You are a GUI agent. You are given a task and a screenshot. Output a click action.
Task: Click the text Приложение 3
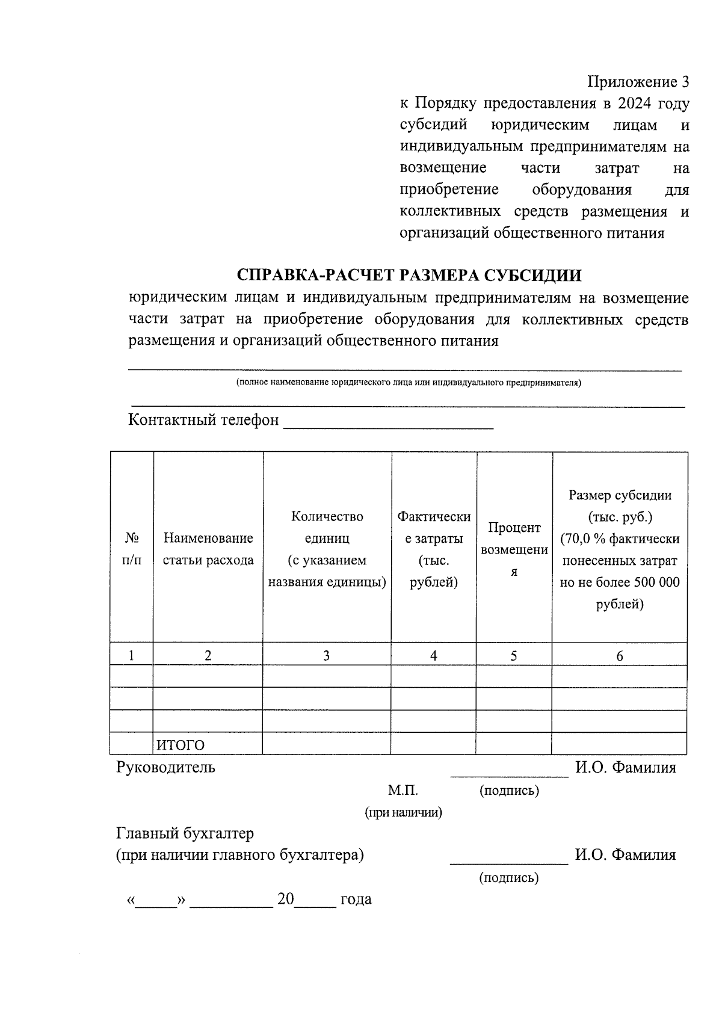[x=638, y=82]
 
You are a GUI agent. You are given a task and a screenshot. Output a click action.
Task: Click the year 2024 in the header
[x=634, y=103]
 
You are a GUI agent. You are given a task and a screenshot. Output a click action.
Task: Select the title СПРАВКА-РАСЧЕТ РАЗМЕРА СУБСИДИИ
[x=409, y=276]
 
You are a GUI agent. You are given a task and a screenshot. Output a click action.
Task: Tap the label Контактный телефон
[x=203, y=420]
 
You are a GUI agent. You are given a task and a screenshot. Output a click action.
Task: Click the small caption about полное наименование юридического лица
[x=409, y=383]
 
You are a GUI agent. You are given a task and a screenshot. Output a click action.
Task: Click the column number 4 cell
[x=433, y=656]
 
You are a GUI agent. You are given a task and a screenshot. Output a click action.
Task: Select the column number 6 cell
[x=620, y=656]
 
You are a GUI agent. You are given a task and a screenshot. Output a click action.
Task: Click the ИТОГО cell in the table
[x=180, y=745]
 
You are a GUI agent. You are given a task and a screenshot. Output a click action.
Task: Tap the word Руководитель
[x=165, y=768]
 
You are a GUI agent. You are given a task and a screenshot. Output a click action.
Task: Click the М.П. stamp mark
[x=403, y=791]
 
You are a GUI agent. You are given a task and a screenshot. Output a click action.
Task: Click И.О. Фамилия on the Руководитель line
[x=625, y=768]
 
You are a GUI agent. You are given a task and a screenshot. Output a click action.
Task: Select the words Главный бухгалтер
[x=185, y=834]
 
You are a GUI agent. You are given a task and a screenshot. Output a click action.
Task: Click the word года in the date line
[x=356, y=899]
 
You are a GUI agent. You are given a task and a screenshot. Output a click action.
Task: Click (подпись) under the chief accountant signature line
[x=508, y=878]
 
